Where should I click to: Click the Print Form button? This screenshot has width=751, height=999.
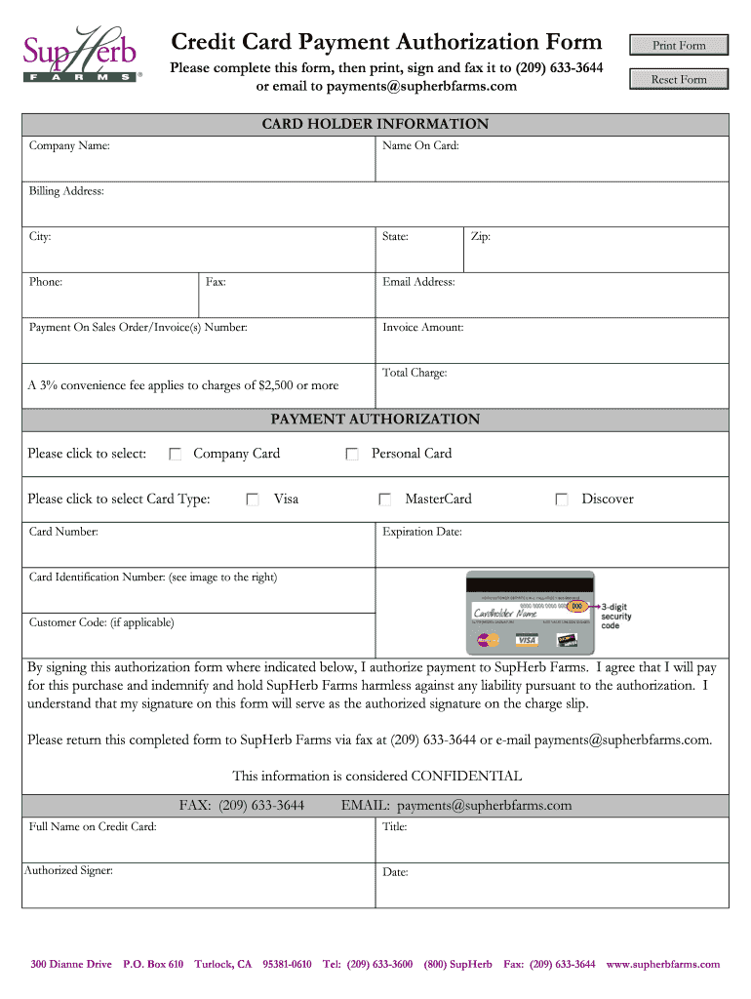pos(679,45)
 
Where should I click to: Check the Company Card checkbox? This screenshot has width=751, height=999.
pos(176,454)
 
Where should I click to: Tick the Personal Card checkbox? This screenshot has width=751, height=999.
pos(352,454)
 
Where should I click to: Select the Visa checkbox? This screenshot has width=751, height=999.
pos(253,499)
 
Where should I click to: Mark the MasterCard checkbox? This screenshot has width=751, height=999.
pos(385,499)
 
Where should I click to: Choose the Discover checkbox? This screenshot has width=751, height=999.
pos(562,499)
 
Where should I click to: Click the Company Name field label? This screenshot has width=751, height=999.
pos(69,146)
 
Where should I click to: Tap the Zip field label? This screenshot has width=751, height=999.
pos(481,237)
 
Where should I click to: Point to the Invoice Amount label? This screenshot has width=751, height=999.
pos(422,328)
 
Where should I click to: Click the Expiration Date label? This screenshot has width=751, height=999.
pos(421,533)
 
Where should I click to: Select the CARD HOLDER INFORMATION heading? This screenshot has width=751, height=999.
pos(375,124)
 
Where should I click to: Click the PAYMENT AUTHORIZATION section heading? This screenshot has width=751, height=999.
pos(375,420)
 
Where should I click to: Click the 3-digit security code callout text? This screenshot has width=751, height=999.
pos(616,616)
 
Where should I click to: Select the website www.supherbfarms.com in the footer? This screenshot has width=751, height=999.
pos(662,964)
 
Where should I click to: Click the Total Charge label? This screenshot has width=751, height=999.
pos(415,373)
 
